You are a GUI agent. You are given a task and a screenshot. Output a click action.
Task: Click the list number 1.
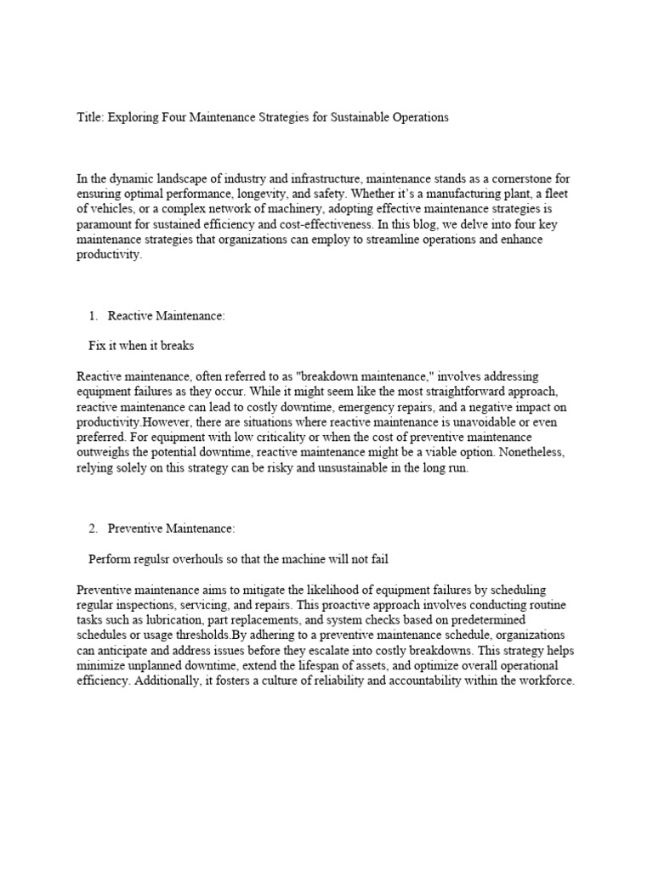coord(93,316)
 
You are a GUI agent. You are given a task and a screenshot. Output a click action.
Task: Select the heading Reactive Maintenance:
coord(167,316)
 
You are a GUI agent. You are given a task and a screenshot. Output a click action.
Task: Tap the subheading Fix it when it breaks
coord(142,346)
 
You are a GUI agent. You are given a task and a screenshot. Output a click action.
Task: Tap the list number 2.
coord(93,528)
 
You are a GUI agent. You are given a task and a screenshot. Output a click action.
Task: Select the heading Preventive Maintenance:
coord(171,528)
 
